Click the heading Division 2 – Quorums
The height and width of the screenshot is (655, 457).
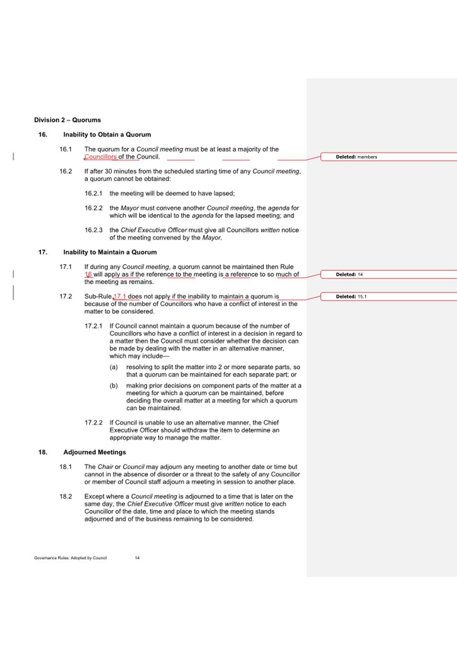pyautogui.click(x=67, y=120)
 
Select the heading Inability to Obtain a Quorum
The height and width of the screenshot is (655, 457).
pyautogui.click(x=107, y=134)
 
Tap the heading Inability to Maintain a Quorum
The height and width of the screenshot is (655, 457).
pyautogui.click(x=110, y=252)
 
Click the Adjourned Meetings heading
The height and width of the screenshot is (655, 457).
pyautogui.click(x=95, y=452)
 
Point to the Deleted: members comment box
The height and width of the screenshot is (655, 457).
pyautogui.click(x=356, y=157)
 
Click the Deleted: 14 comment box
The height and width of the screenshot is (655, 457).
pyautogui.click(x=349, y=275)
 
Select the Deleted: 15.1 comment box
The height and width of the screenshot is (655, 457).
pyautogui.click(x=351, y=297)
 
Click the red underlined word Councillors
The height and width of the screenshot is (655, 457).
pyautogui.click(x=100, y=157)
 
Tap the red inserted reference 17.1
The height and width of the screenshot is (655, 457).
pyautogui.click(x=120, y=297)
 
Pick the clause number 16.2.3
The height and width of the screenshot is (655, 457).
pyautogui.click(x=93, y=230)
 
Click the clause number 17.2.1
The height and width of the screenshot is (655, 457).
pyautogui.click(x=93, y=326)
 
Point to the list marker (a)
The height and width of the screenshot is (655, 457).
pyautogui.click(x=113, y=367)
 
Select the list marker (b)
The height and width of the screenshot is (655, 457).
pyautogui.click(x=113, y=386)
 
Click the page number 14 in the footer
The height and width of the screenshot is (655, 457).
pyautogui.click(x=137, y=558)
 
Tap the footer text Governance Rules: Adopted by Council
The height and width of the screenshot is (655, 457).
pyautogui.click(x=70, y=558)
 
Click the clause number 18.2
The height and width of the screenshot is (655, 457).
pyautogui.click(x=65, y=497)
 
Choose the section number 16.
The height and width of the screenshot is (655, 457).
pyautogui.click(x=43, y=134)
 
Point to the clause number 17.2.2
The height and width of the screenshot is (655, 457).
pyautogui.click(x=93, y=423)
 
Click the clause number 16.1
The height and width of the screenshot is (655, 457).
pyautogui.click(x=65, y=149)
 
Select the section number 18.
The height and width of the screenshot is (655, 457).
pyautogui.click(x=43, y=452)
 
